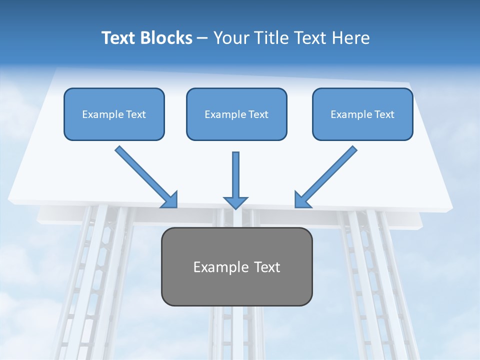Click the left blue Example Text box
(x=114, y=114)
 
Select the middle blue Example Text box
(x=236, y=114)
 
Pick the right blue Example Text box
(x=362, y=114)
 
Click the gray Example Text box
(x=236, y=266)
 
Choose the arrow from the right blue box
(x=328, y=174)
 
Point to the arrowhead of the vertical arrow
(x=235, y=202)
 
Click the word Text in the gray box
(x=267, y=267)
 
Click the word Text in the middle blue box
(x=258, y=114)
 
